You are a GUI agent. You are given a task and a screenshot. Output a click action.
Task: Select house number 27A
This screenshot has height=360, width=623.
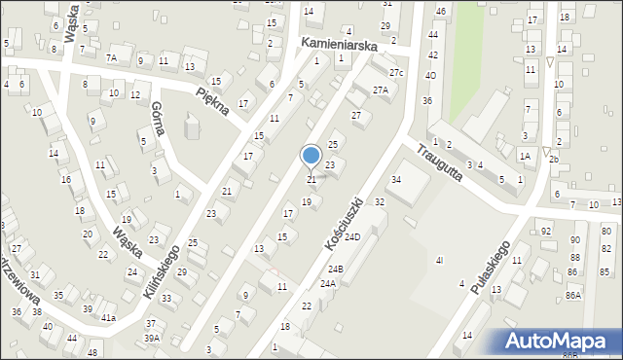point(380,90)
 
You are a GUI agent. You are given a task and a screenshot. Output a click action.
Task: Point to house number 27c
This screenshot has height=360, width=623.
point(395,73)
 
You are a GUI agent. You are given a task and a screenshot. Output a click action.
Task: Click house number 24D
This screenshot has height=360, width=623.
point(352,236)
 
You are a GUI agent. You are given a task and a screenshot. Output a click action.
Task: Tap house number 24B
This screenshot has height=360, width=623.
point(336,269)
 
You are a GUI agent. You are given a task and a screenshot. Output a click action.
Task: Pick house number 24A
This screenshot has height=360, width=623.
point(327,283)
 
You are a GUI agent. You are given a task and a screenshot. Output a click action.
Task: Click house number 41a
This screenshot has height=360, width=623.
point(109,318)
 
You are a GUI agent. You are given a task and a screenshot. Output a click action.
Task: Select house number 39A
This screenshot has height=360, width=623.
point(152,338)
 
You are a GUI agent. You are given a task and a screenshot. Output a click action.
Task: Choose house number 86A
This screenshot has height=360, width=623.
point(573,295)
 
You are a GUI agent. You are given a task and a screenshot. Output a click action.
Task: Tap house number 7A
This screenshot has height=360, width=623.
point(112,58)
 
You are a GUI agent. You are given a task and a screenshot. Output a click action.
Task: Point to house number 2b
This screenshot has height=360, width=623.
point(554,159)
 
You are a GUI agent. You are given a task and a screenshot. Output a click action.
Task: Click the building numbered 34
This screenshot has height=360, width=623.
point(396,180)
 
